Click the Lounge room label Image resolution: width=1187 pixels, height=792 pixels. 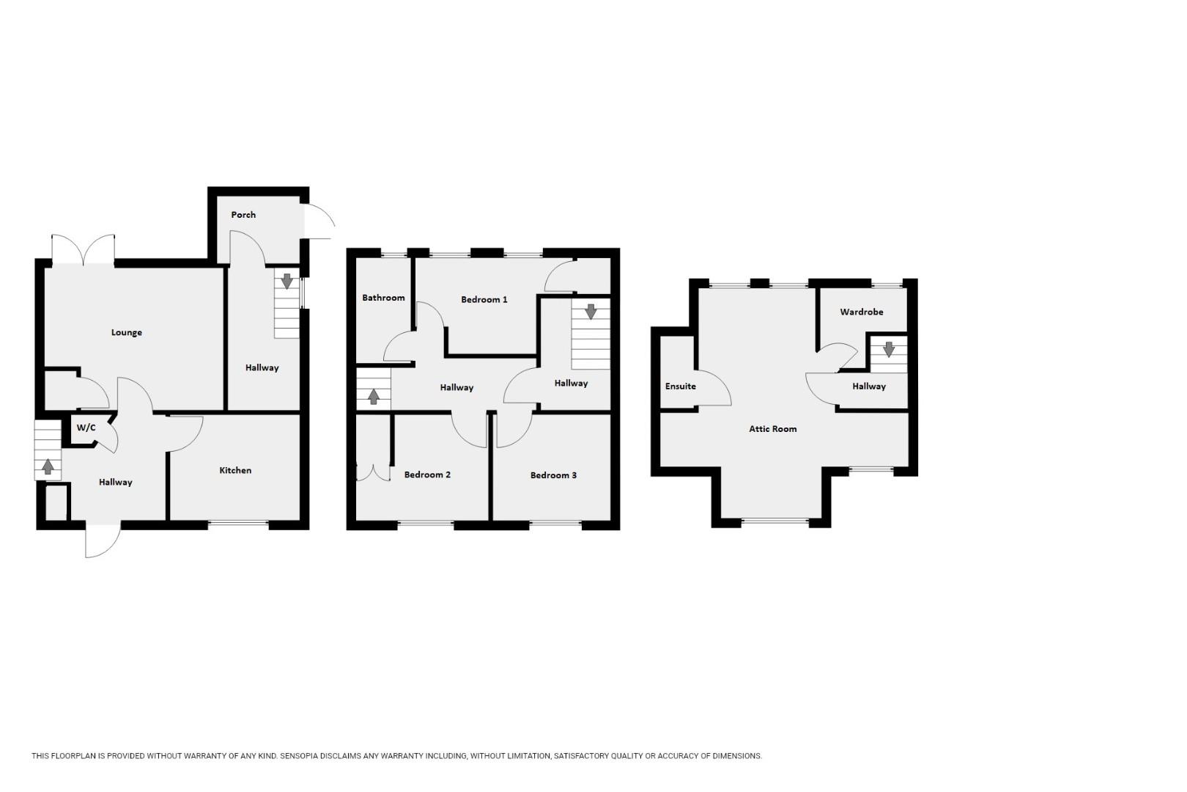pos(127,333)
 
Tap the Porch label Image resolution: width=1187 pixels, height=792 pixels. pos(243,215)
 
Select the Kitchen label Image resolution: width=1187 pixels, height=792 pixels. pos(235,471)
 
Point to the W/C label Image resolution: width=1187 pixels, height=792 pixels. pos(86,428)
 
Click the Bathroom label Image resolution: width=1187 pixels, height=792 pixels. pos(383,298)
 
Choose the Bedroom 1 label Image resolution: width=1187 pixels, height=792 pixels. pos(484,300)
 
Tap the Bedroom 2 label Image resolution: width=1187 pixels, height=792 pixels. pos(427,474)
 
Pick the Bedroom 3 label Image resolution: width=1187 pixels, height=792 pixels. pos(553,475)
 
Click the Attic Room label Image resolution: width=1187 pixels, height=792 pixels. pos(772,429)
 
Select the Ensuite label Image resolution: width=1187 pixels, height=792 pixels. pos(681,386)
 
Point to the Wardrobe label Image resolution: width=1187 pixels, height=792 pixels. pos(862,312)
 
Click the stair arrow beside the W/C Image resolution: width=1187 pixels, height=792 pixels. pos(48,467)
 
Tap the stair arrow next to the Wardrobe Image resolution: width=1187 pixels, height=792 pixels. pos(889,349)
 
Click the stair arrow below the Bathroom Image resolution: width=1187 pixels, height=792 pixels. pos(374,396)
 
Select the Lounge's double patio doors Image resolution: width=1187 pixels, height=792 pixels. pos(84,249)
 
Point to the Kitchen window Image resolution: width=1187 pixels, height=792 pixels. pos(238,524)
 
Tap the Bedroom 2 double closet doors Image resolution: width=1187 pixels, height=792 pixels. pos(373,473)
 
